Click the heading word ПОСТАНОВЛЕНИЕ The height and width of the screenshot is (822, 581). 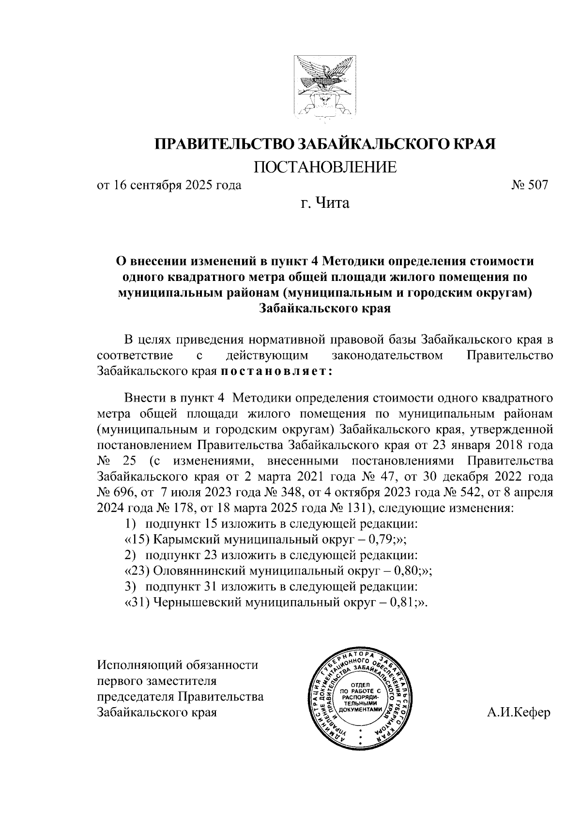click(325, 167)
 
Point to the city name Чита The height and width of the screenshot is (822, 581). click(333, 203)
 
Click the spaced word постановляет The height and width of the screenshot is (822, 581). click(276, 372)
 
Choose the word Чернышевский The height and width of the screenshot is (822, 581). click(193, 602)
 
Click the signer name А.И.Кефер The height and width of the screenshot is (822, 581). click(520, 713)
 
